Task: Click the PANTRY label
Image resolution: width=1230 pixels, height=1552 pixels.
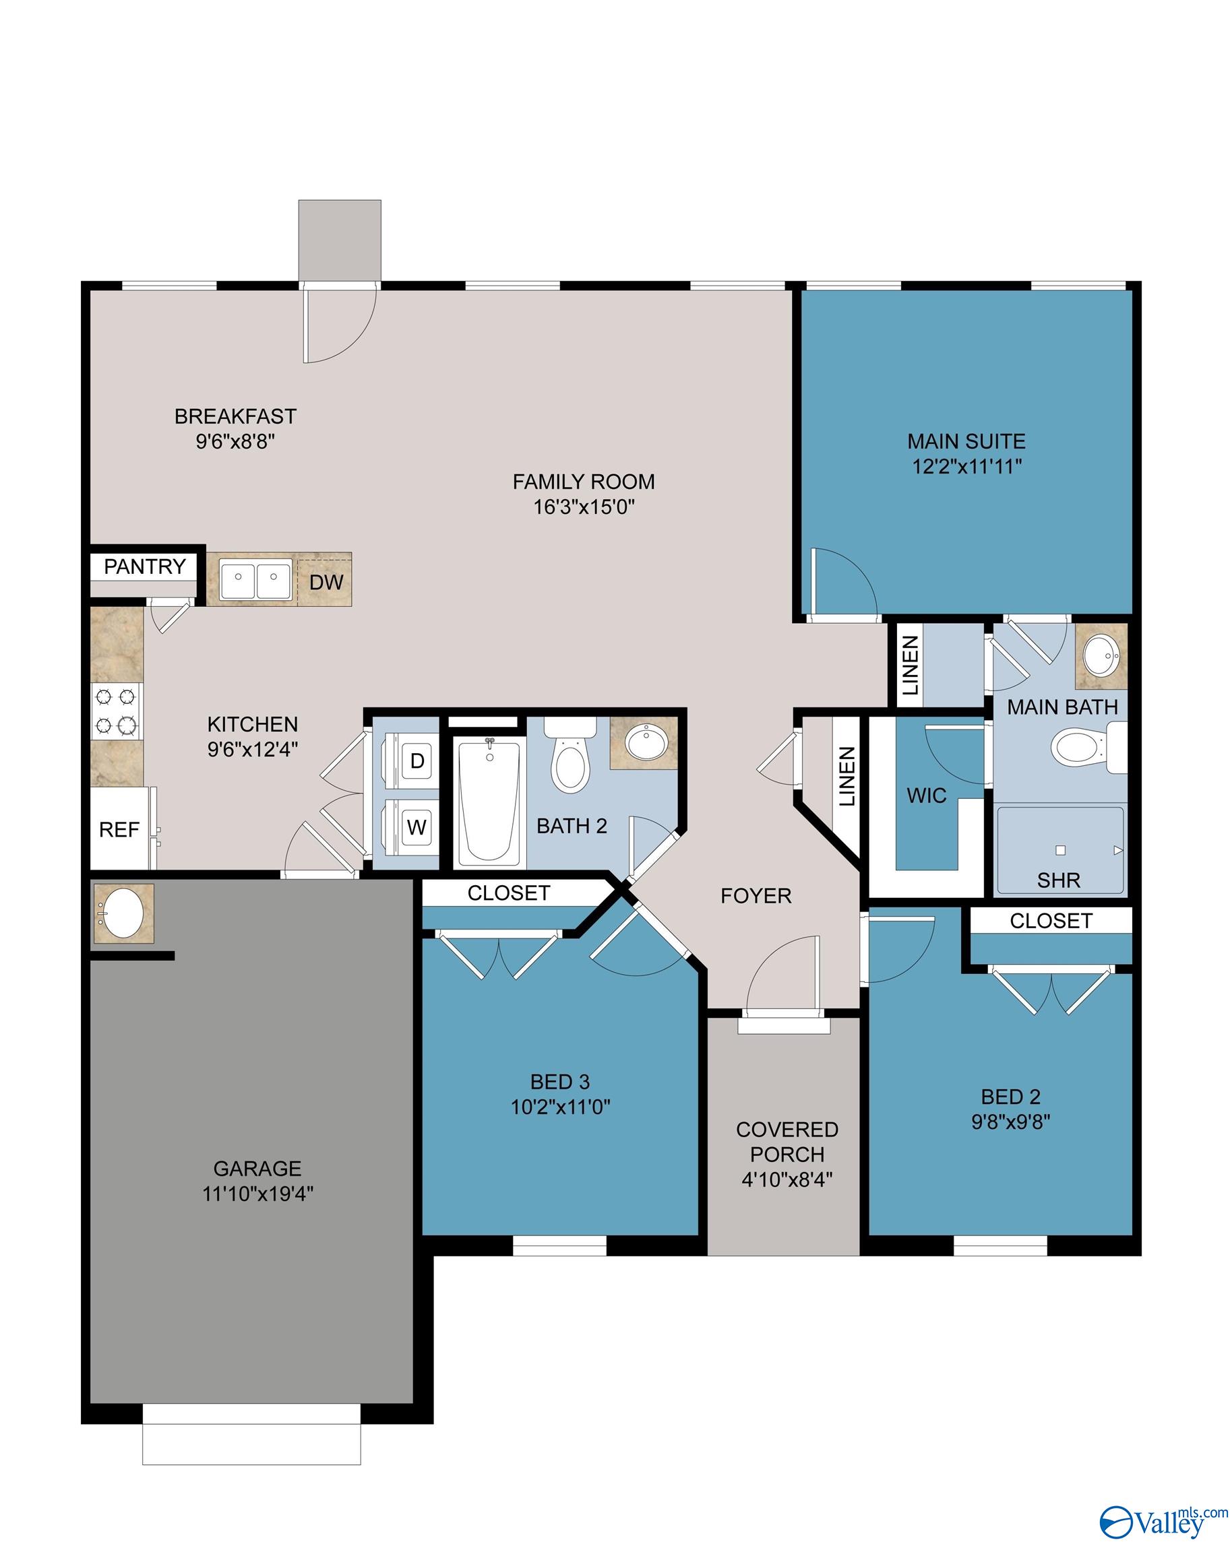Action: (x=145, y=567)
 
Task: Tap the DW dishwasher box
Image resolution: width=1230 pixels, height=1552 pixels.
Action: (x=326, y=581)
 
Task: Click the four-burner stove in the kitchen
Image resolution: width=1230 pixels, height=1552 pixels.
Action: (x=116, y=709)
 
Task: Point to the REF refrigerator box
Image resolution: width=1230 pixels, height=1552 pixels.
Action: (x=119, y=829)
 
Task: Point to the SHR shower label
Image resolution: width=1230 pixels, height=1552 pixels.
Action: (x=1058, y=880)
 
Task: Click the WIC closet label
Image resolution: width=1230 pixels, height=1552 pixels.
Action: (x=926, y=796)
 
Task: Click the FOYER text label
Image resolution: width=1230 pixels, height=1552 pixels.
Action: (x=756, y=895)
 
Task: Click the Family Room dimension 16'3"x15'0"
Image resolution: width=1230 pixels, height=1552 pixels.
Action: (x=583, y=507)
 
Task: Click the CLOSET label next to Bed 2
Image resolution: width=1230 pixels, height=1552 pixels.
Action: (x=1050, y=921)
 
